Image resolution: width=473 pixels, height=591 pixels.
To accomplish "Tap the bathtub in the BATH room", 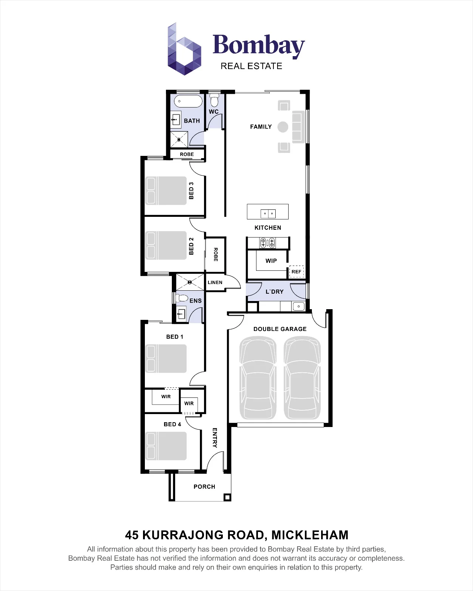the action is (188, 101).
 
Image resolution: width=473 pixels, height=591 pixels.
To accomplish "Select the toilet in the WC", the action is (214, 100).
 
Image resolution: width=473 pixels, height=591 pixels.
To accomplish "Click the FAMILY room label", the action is (261, 127).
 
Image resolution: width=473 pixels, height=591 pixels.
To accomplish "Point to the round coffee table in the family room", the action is (283, 127).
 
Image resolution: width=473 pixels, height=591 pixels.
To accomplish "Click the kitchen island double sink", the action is (268, 213).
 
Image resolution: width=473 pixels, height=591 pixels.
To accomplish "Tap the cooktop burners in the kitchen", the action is (268, 243).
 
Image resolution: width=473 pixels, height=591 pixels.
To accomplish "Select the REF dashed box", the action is (296, 271).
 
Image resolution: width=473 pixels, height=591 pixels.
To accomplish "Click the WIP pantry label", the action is (271, 261).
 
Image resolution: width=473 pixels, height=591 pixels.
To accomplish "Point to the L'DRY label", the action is (274, 292).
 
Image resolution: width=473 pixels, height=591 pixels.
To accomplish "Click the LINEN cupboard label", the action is (215, 282).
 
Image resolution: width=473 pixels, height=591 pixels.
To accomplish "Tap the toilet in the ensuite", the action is (181, 298).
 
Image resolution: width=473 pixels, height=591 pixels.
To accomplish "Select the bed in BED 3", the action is (166, 191).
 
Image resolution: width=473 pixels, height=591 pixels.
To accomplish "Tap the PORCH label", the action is (204, 486).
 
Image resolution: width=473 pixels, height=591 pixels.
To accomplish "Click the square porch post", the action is (227, 497).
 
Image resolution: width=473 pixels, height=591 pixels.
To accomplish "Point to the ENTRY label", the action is (215, 438).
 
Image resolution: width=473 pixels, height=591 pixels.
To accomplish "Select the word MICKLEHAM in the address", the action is (310, 535).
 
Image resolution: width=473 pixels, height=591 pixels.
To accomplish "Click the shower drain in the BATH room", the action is (179, 140).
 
